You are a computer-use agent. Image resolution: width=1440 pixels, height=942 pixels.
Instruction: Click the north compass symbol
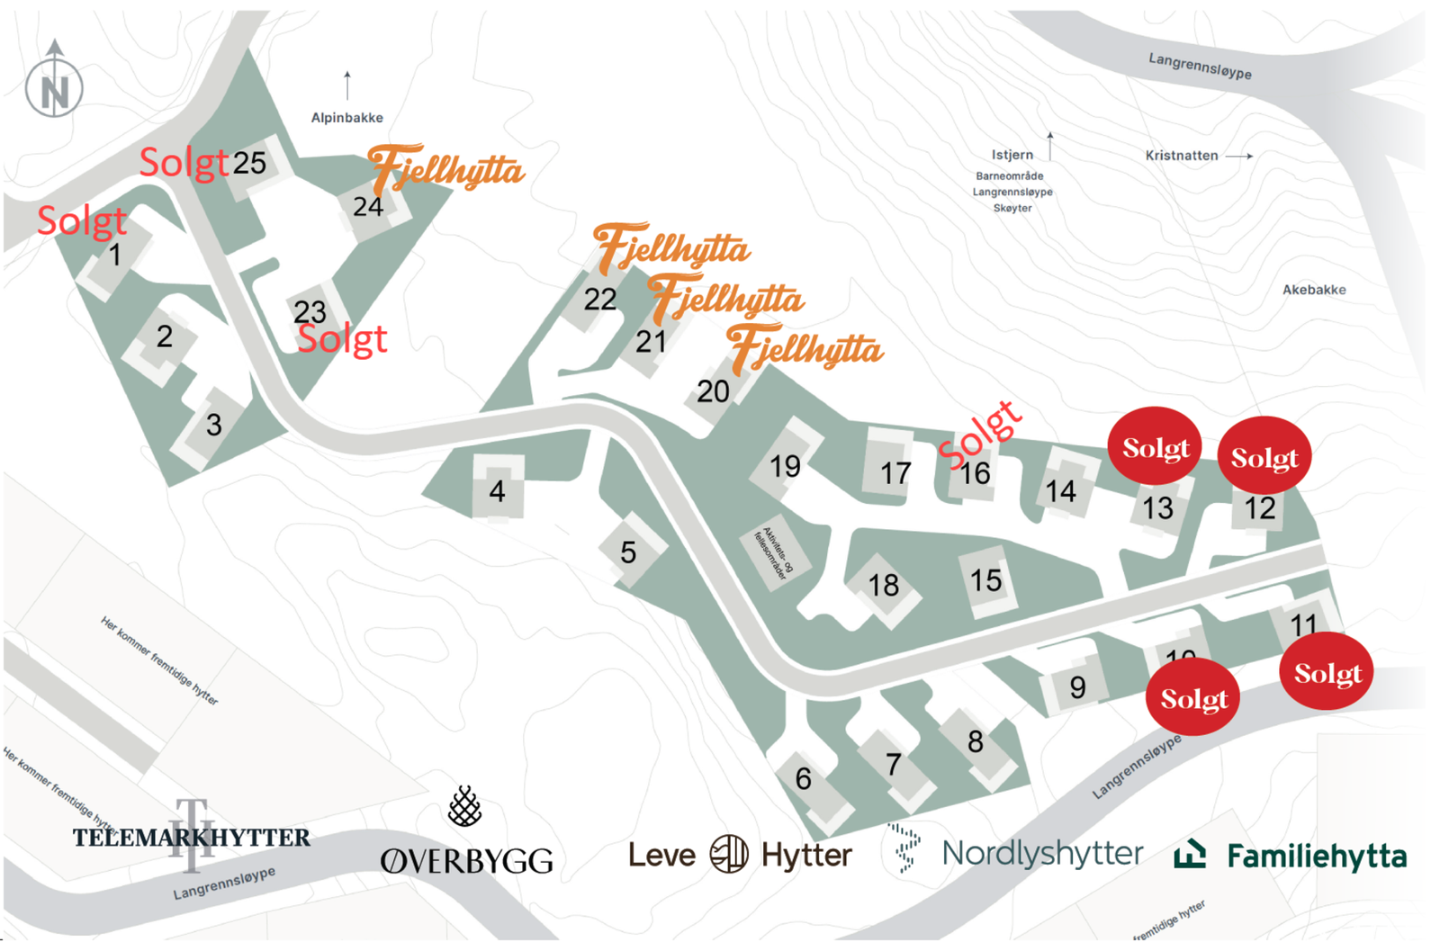pyautogui.click(x=54, y=88)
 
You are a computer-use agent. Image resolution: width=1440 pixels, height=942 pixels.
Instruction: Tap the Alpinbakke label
pyautogui.click(x=346, y=118)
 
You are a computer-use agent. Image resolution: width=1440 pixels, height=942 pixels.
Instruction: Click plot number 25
pyautogui.click(x=249, y=163)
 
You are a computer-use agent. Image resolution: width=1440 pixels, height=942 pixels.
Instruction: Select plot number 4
pyautogui.click(x=497, y=490)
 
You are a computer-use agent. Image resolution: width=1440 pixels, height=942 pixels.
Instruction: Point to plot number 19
pyautogui.click(x=785, y=466)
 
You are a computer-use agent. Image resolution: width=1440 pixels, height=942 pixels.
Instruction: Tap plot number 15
pyautogui.click(x=985, y=580)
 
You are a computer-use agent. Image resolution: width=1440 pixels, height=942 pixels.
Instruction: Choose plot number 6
pyautogui.click(x=803, y=778)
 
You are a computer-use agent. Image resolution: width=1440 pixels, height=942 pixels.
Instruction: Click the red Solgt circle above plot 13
pyautogui.click(x=1156, y=447)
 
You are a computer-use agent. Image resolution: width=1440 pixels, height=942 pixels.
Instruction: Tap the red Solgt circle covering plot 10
pyautogui.click(x=1193, y=697)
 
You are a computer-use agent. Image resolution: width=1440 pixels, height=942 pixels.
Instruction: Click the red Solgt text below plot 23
pyautogui.click(x=342, y=339)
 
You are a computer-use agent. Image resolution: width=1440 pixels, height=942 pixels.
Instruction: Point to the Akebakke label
pyautogui.click(x=1314, y=290)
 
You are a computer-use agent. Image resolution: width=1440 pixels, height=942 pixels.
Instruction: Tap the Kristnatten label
pyautogui.click(x=1181, y=156)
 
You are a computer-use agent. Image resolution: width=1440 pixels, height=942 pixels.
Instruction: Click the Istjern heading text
pyautogui.click(x=1012, y=155)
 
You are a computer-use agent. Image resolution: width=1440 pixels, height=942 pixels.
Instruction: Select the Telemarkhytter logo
pyautogui.click(x=192, y=837)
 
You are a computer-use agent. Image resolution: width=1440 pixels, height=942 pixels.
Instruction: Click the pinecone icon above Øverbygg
pyautogui.click(x=464, y=806)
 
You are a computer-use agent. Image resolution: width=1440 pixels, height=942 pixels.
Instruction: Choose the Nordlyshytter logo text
pyautogui.click(x=1041, y=853)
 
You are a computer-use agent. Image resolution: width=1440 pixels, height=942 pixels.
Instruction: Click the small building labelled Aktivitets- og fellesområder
pyautogui.click(x=775, y=552)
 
